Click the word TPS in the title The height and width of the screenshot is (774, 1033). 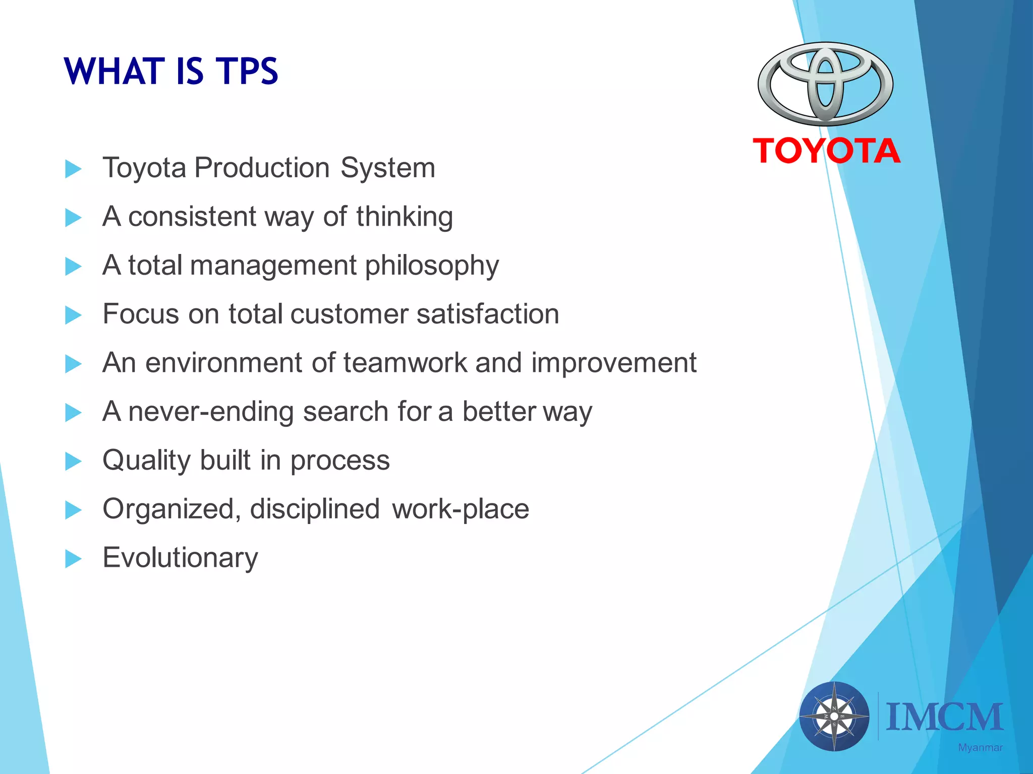247,71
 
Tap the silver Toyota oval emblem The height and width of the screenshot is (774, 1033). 825,84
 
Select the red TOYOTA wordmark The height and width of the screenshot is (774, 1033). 826,151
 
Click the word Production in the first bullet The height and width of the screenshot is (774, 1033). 262,167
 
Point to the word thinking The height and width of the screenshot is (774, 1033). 405,216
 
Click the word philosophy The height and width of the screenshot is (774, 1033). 432,266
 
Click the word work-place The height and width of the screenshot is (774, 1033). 461,509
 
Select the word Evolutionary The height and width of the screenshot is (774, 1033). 180,558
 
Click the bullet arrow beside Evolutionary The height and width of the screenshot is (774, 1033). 73,558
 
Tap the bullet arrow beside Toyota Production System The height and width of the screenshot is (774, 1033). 73,169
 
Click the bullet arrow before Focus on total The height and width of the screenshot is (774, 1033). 73,315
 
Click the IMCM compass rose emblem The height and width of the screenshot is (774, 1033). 834,716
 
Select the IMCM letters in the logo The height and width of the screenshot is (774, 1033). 944,717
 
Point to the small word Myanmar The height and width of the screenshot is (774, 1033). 980,748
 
